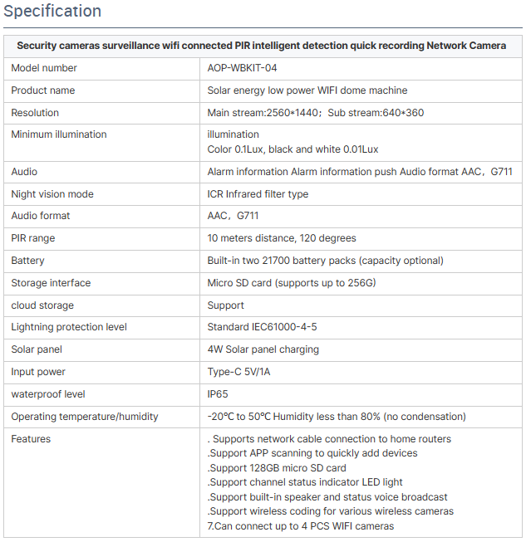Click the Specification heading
click(x=52, y=12)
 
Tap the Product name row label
click(x=42, y=90)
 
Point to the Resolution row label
click(x=35, y=112)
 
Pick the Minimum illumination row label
click(x=58, y=134)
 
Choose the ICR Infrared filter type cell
click(x=258, y=194)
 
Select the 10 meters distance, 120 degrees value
click(x=282, y=238)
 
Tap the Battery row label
click(x=27, y=261)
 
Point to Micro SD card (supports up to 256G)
click(x=292, y=283)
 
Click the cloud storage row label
click(x=42, y=305)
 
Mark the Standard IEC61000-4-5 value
click(x=262, y=327)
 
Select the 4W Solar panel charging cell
click(x=263, y=349)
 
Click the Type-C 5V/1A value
click(x=238, y=372)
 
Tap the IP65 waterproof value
click(x=219, y=394)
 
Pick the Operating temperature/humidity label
click(x=84, y=417)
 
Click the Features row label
click(x=31, y=439)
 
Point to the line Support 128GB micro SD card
click(x=277, y=468)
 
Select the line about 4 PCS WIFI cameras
click(x=300, y=526)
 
